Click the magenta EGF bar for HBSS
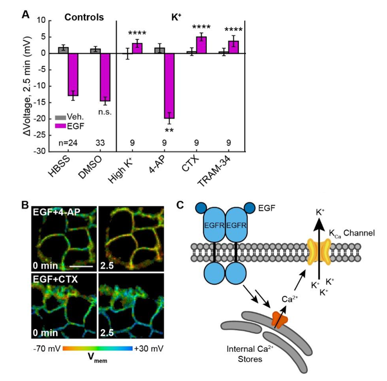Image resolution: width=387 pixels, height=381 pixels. pyautogui.click(x=73, y=74)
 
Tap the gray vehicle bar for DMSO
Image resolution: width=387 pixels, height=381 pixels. pyautogui.click(x=96, y=51)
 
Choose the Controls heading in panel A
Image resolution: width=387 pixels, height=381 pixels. pyautogui.click(x=85, y=17)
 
